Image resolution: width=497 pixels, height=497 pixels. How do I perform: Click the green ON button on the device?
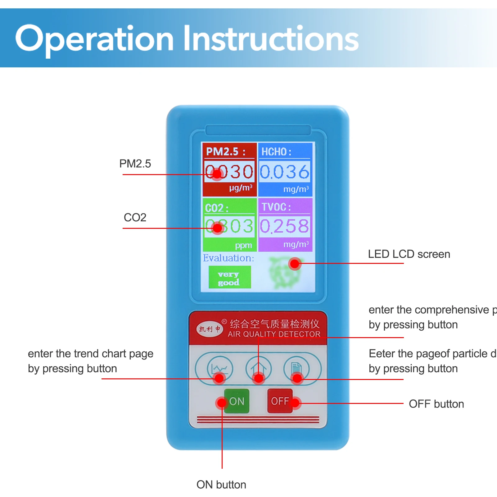237,401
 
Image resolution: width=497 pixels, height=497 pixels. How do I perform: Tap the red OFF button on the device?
280,401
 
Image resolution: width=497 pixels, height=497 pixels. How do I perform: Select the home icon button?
258,368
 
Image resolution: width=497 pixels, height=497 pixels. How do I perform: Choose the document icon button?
296,368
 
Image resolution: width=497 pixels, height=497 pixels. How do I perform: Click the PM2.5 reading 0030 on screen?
229,172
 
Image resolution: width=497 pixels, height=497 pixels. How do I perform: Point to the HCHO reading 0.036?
284,172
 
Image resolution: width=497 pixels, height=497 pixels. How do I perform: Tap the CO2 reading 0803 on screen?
229,226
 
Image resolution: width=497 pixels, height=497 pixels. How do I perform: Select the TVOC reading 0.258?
284,226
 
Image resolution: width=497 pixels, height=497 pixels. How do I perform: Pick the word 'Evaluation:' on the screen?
228,258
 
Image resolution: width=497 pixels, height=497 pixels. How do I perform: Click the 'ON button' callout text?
221,485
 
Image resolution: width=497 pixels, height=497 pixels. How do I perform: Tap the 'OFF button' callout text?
436,404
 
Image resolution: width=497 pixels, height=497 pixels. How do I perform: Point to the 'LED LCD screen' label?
409,254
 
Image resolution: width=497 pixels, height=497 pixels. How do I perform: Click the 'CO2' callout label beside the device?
135,217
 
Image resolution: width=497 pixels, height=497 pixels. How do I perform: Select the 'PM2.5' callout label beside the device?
135,164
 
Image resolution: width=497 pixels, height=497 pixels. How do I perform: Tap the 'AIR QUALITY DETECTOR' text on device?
274,334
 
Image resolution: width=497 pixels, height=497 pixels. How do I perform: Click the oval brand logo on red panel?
210,329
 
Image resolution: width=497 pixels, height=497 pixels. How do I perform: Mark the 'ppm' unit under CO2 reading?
243,246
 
